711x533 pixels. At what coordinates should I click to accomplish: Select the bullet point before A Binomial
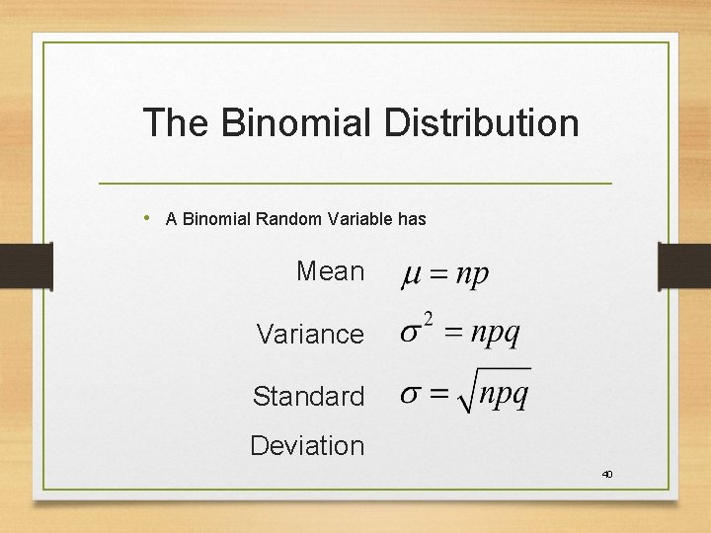coord(146,217)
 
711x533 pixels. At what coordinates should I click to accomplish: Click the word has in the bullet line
coord(413,219)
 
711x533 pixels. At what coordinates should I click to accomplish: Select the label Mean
coord(330,271)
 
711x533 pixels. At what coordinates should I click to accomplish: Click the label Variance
coord(309,335)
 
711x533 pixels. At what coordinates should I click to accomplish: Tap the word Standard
coord(308,397)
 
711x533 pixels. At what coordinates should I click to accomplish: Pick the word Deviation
coord(307,446)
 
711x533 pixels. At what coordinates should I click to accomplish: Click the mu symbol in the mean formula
coord(410,276)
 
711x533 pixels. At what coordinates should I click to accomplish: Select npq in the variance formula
coord(494,334)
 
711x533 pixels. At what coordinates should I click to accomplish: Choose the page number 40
coord(607,475)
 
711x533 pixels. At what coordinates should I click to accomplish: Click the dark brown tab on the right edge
coord(684,266)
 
